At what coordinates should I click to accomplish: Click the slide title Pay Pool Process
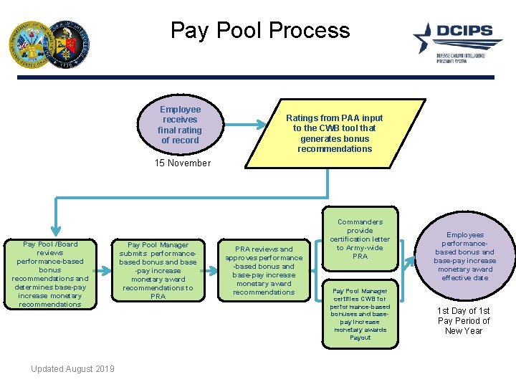coord(260,31)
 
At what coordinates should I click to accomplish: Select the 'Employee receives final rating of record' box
coord(180,125)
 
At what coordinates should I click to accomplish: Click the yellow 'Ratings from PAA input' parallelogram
coord(334,133)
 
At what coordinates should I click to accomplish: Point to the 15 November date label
coord(183,163)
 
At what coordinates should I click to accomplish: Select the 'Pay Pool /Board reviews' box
coord(50,274)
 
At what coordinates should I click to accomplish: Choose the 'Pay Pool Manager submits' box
coord(158,271)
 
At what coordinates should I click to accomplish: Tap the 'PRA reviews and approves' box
coord(264,271)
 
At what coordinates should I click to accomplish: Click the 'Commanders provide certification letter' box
coord(360,239)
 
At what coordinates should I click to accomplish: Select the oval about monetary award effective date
coord(464,257)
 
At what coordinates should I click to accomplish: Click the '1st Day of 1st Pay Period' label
coord(464,321)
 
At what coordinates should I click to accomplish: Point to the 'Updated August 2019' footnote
coord(72,369)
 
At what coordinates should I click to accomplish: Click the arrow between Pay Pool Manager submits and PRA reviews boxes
coord(211,271)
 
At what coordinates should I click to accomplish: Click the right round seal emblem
coord(70,43)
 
